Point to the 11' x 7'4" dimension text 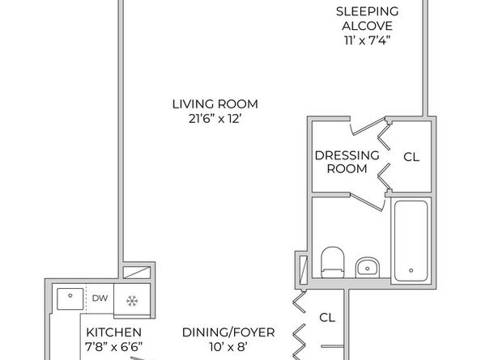pos(368,39)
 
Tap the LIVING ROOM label pos(215,104)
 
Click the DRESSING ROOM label pos(346,162)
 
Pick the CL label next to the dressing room pos(411,157)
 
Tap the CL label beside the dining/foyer pos(327,316)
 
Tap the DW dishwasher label pos(100,298)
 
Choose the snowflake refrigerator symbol pos(130,299)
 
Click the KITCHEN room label pos(114,332)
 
